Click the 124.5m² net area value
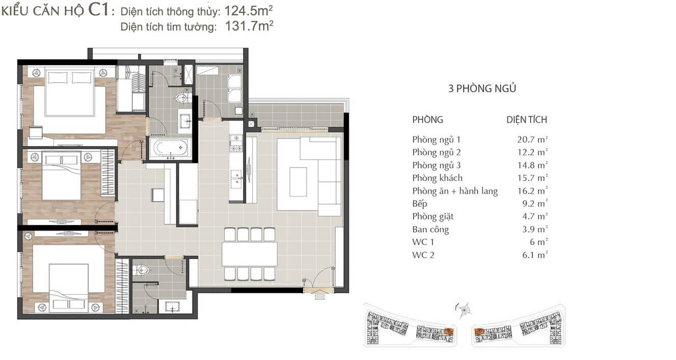click(249, 11)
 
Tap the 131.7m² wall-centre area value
click(249, 26)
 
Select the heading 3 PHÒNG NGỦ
click(482, 89)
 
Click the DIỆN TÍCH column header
click(527, 120)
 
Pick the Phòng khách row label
click(437, 178)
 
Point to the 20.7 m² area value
click(532, 140)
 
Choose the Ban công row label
click(430, 230)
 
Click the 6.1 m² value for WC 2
click(535, 255)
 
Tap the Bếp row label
click(419, 204)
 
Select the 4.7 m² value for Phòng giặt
click(535, 216)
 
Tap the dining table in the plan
click(250, 254)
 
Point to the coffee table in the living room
click(298, 182)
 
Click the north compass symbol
click(464, 310)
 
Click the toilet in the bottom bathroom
click(141, 269)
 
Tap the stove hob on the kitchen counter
click(236, 143)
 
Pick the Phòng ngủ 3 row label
click(437, 165)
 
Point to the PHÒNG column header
click(427, 120)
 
